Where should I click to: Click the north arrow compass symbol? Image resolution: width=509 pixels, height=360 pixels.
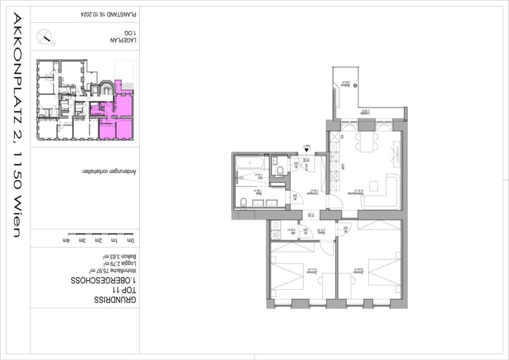(x=45, y=38)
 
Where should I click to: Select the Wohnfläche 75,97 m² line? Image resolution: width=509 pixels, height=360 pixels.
(x=114, y=271)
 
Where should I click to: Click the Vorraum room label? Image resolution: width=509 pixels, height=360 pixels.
(x=310, y=193)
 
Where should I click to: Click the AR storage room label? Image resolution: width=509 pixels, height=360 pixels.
(x=294, y=232)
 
